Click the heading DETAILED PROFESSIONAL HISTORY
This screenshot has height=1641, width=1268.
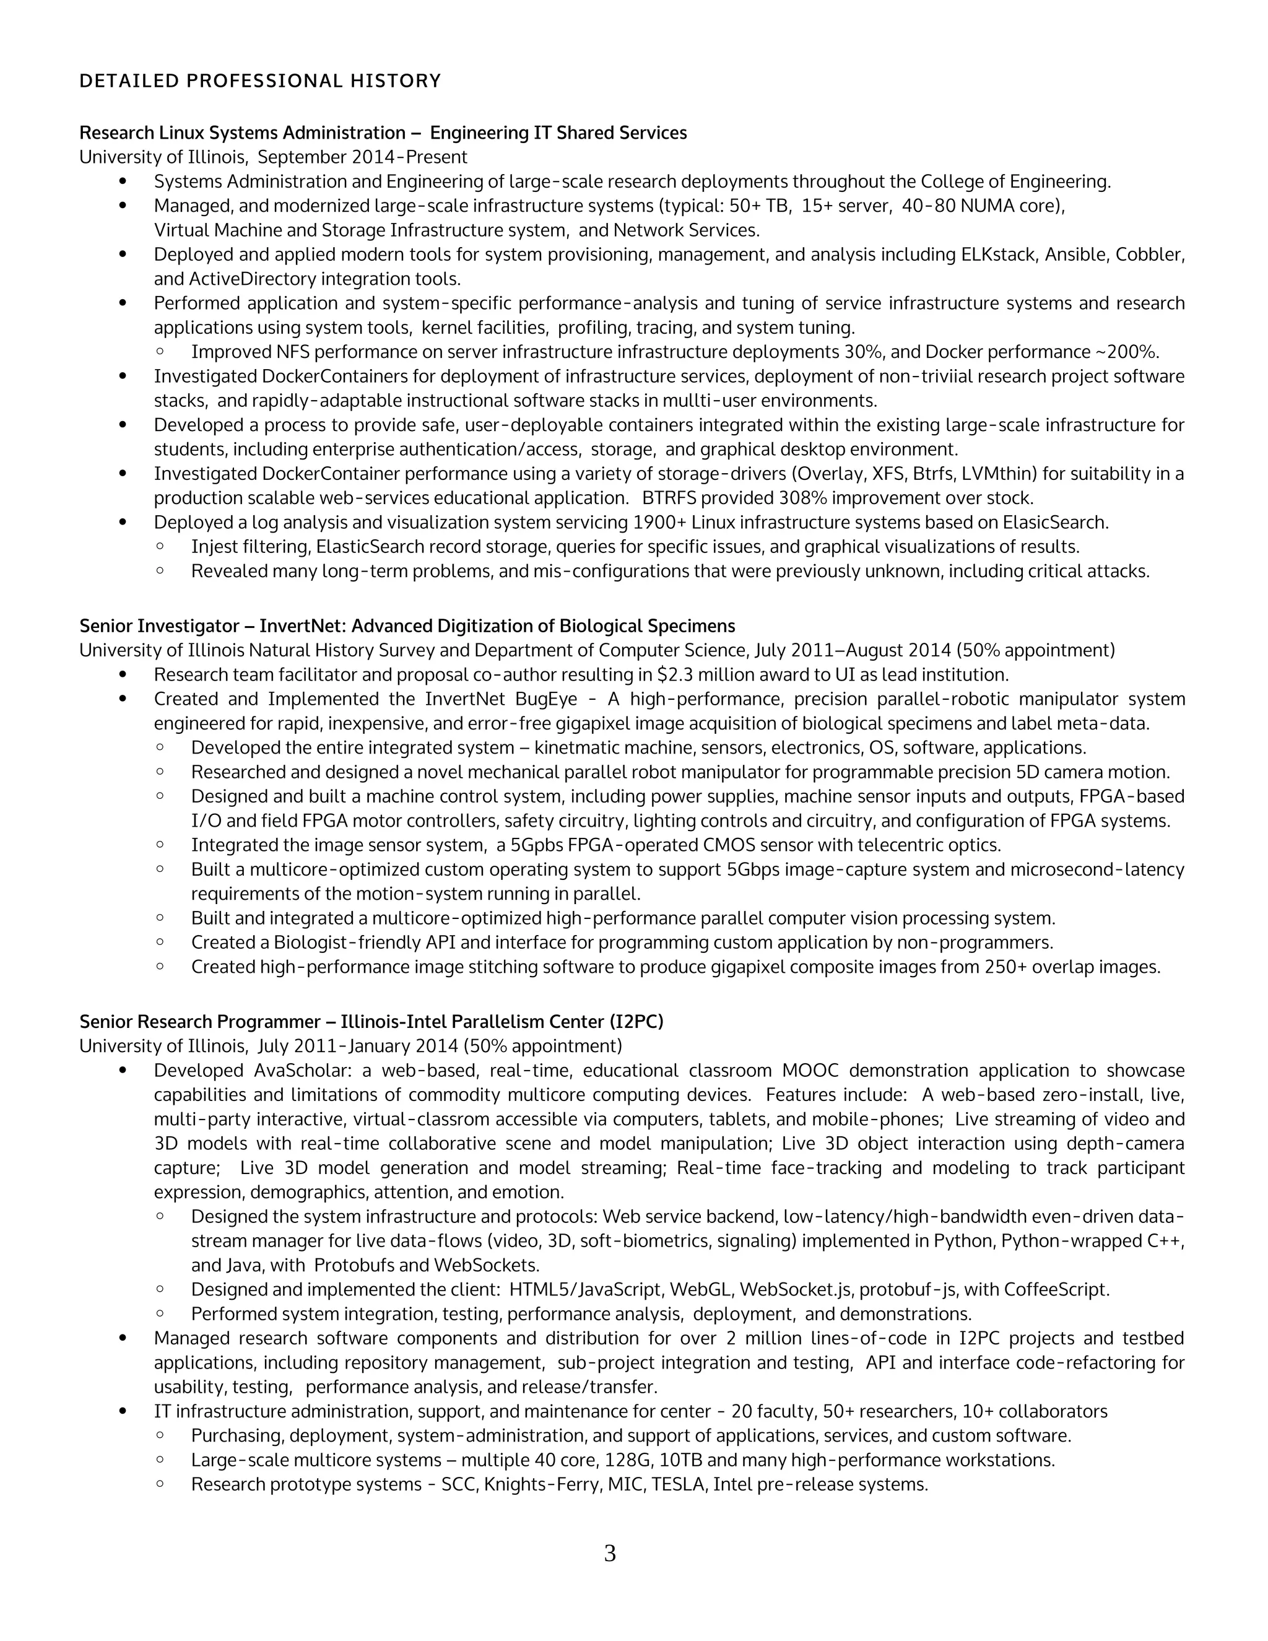(260, 81)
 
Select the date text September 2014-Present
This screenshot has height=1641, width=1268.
(362, 157)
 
